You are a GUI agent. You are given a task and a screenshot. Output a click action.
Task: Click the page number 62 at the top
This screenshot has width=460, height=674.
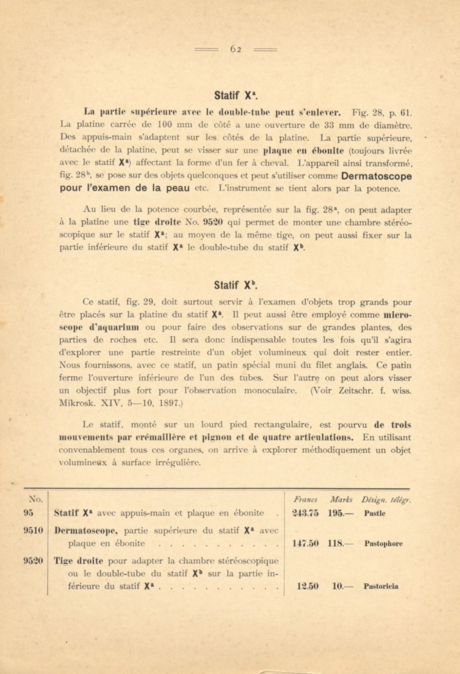[235, 49]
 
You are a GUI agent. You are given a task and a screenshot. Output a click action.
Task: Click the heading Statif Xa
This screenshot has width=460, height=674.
[236, 95]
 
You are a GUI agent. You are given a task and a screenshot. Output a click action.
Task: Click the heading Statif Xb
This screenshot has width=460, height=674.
[236, 285]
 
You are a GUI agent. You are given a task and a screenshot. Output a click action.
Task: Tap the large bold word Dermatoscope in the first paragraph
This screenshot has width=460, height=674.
[376, 176]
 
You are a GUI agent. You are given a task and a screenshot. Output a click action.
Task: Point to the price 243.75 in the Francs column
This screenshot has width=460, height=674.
[305, 513]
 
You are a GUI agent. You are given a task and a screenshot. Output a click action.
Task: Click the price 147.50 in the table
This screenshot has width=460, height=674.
[305, 543]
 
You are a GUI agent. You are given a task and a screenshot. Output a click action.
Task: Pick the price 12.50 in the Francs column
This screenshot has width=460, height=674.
[307, 586]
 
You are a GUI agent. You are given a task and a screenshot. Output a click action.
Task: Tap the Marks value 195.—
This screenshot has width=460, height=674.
[340, 513]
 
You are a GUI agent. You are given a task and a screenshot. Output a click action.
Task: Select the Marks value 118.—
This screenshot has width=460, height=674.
[340, 543]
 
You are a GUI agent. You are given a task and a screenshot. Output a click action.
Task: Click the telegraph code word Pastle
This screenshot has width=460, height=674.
[375, 513]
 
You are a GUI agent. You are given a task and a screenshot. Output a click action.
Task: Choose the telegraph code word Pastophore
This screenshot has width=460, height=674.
[383, 544]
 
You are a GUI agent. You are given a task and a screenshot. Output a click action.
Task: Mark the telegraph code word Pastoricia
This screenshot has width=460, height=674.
[381, 586]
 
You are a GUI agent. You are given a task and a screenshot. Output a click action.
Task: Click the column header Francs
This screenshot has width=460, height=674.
[305, 500]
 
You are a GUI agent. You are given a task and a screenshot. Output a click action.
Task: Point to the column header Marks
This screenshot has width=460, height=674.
[341, 500]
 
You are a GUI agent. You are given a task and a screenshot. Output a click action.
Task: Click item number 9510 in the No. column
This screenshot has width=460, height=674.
[33, 530]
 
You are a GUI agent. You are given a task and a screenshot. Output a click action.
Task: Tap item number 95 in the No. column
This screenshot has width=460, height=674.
[28, 512]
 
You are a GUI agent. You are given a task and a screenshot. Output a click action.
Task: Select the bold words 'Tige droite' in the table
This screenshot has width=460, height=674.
[78, 561]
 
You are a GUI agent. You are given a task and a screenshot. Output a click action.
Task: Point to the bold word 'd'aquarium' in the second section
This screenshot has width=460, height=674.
[114, 327]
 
